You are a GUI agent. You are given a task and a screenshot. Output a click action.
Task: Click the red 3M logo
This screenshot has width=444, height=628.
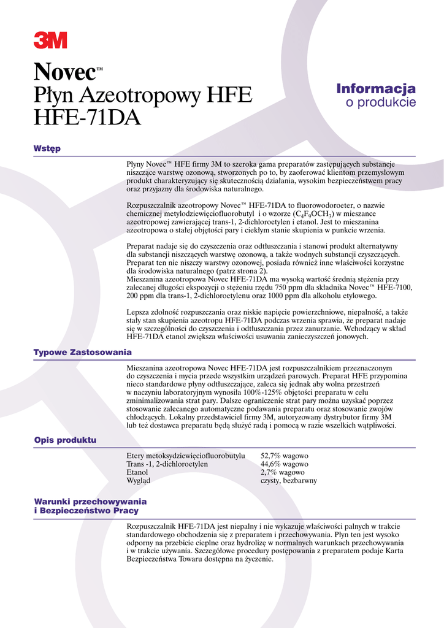point(50,40)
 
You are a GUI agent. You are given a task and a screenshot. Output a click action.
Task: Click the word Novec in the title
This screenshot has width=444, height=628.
point(64,75)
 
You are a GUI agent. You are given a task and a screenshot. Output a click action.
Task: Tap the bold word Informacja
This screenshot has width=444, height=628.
point(376,89)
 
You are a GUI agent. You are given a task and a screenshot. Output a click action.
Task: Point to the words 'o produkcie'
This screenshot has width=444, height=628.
point(381,102)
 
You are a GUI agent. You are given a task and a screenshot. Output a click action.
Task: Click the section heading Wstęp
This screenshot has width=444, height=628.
point(47,148)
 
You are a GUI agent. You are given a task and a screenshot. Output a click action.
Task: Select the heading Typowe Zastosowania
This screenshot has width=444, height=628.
point(83,353)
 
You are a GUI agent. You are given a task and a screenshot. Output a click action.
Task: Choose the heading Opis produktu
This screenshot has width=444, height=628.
point(65,440)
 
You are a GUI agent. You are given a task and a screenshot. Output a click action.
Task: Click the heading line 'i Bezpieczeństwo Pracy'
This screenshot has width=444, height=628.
point(86,510)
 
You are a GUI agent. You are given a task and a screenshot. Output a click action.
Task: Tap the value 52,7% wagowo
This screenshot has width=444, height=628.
point(284,456)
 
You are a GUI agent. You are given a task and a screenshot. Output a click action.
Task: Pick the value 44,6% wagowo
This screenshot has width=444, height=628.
point(284,464)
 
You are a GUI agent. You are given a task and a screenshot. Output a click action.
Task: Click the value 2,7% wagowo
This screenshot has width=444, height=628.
point(282,473)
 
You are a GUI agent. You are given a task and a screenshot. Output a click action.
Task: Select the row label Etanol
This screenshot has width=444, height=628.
point(137,473)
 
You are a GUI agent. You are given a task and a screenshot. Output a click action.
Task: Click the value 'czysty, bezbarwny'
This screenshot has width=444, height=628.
point(289,481)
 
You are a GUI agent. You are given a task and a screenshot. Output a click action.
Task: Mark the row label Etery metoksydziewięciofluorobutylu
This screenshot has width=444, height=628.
point(186,456)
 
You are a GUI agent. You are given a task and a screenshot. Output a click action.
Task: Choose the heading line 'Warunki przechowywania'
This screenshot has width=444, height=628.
point(90,502)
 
